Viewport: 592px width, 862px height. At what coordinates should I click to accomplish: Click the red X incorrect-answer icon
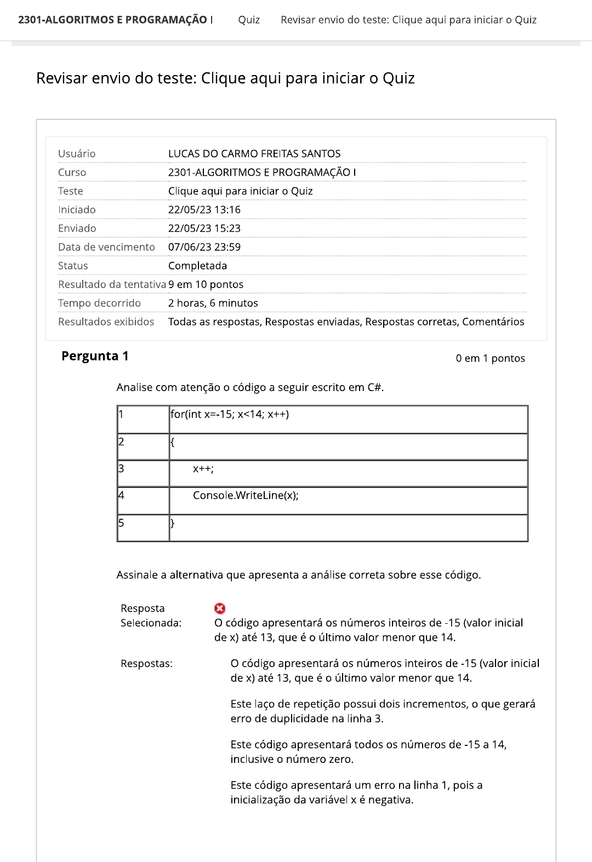220,608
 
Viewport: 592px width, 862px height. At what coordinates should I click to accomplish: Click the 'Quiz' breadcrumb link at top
249,20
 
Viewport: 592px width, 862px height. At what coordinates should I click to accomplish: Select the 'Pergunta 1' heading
95,356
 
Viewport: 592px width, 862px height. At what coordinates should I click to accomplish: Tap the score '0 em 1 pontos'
490,358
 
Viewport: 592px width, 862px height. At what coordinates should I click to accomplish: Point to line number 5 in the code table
122,523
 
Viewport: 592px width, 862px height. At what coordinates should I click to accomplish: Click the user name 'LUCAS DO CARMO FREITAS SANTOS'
254,153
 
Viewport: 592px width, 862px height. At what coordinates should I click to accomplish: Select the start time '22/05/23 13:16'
204,210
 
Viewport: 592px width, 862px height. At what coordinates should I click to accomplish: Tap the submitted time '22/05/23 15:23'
204,228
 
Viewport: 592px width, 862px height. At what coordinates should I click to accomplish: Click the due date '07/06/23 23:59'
204,247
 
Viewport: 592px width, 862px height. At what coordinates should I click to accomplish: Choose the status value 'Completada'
197,266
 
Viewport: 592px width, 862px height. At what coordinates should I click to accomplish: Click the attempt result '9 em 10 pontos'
206,284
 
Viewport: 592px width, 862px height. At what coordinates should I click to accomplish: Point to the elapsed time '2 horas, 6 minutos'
213,303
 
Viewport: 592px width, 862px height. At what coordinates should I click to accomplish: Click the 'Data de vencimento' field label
106,247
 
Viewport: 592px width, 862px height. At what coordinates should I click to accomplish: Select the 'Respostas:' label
146,663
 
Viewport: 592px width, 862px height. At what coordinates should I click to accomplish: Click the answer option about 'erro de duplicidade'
383,711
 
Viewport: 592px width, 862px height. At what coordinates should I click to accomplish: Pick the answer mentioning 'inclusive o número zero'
368,751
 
